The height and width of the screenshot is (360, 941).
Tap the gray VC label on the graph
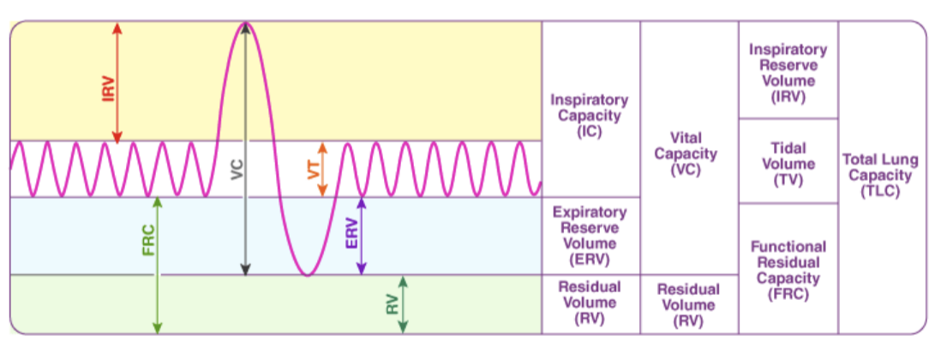[237, 169]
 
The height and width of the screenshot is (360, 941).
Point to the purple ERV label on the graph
[351, 231]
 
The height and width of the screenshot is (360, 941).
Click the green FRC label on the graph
[147, 241]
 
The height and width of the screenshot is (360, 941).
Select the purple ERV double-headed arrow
[361, 236]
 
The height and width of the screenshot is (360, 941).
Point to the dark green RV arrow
[403, 304]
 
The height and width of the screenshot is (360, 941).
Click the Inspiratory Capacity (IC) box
[590, 115]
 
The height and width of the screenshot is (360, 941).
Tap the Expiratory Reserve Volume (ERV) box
[590, 236]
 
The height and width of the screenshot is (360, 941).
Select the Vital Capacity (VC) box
[688, 153]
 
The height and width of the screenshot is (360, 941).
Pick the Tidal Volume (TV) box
[788, 163]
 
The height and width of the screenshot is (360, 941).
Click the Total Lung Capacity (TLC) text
[882, 175]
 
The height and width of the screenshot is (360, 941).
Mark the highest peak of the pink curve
[245, 23]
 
